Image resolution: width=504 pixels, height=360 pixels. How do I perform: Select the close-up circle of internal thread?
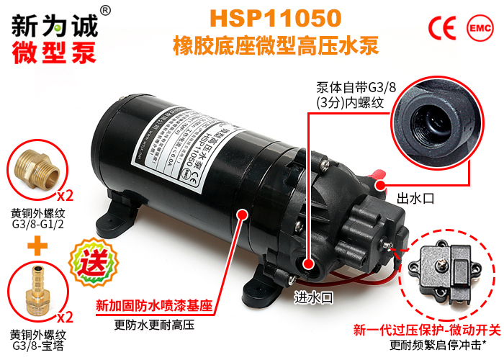(434, 122)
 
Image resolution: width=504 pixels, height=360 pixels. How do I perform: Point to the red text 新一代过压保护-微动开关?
(426, 330)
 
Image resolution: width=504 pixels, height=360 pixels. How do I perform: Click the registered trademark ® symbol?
(105, 10)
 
